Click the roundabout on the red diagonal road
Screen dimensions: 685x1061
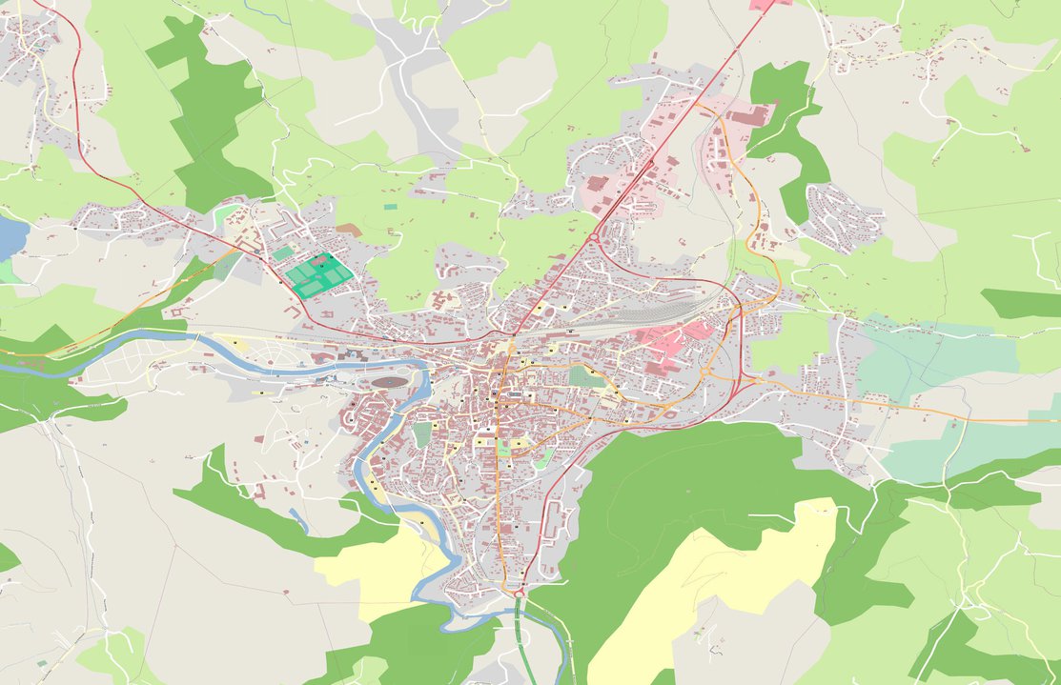point(593,237)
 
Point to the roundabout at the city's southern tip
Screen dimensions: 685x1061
point(519,594)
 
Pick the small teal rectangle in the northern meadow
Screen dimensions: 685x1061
point(390,205)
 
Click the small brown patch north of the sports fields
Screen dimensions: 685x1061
point(349,230)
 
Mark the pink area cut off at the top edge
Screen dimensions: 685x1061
point(770,4)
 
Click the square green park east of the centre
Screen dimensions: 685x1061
point(580,376)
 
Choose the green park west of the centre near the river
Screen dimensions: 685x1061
point(422,434)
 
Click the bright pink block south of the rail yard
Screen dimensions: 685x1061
point(667,337)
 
